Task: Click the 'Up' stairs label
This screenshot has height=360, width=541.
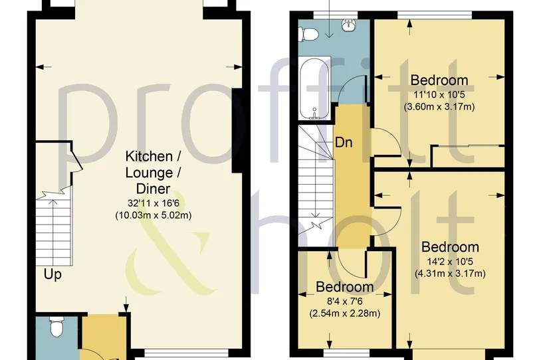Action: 53,275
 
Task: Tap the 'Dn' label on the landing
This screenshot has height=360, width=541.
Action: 344,142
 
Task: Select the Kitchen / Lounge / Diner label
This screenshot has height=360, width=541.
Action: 153,173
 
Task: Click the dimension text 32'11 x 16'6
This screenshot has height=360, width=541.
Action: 153,203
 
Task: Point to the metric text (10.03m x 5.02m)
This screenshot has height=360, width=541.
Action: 153,215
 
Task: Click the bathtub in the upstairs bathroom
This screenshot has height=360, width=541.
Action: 315,89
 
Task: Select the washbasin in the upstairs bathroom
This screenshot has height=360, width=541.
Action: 348,25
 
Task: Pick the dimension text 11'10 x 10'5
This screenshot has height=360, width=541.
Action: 439,94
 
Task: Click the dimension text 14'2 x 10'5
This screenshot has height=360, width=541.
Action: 450,262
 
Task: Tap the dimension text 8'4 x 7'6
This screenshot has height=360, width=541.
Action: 345,302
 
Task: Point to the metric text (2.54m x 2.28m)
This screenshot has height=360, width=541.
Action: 345,314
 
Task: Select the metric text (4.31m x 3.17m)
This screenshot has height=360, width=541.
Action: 450,274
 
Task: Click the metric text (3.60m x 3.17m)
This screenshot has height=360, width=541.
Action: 439,106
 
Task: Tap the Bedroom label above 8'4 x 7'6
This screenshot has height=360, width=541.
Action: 345,287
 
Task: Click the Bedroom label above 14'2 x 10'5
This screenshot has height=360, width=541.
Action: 450,247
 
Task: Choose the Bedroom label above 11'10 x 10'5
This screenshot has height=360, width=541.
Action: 439,80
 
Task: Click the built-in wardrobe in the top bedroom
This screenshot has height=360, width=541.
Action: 468,157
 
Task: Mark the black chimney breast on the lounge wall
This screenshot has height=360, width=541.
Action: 237,130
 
